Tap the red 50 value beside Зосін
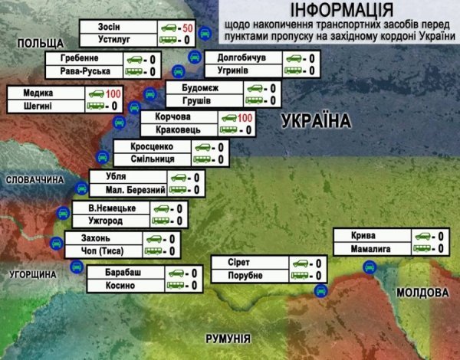(187, 28)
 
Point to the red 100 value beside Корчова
(245, 118)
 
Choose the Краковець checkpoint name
(166, 130)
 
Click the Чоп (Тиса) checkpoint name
(101, 250)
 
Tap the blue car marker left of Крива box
(369, 266)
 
